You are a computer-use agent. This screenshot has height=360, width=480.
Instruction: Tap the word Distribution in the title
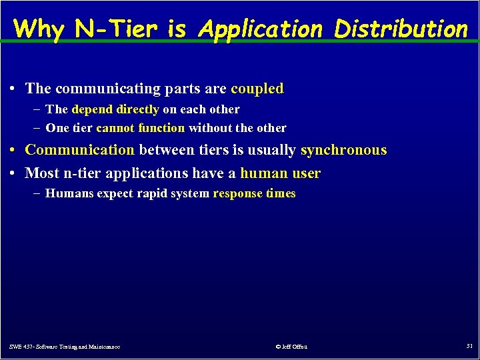(401, 29)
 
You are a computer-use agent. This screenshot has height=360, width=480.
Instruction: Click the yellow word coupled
(257, 89)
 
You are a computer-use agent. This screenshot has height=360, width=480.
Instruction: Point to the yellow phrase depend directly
(115, 109)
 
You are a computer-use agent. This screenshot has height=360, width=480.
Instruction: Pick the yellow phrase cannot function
(140, 128)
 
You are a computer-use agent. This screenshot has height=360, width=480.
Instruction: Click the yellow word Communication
(79, 150)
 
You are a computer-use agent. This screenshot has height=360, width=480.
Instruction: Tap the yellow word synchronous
(343, 150)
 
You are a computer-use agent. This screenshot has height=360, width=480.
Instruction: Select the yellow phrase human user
(280, 173)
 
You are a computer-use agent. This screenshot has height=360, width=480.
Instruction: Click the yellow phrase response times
(254, 194)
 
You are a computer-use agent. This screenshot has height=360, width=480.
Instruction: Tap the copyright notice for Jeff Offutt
(291, 347)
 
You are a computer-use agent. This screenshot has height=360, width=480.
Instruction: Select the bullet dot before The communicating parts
(13, 89)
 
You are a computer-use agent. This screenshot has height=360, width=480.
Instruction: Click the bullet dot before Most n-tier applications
(13, 174)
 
